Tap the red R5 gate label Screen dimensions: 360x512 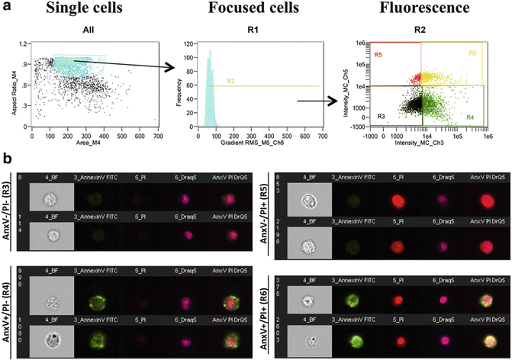click(378, 56)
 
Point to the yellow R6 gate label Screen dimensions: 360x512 click(473, 53)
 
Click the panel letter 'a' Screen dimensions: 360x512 click(6, 8)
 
